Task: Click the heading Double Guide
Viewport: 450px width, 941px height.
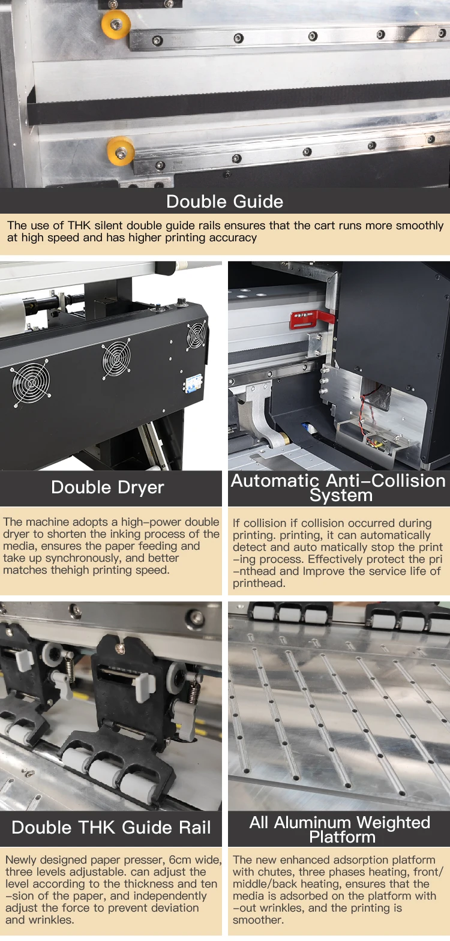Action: click(x=224, y=202)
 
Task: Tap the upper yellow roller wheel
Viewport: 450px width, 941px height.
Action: click(x=116, y=25)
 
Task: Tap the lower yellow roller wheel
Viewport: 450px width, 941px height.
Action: click(x=121, y=150)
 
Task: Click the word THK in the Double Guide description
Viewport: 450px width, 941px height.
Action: click(x=79, y=226)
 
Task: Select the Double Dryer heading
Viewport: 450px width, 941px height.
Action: click(x=107, y=487)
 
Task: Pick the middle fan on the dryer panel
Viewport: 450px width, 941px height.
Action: click(x=116, y=359)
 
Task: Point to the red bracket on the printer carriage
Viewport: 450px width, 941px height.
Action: click(x=311, y=318)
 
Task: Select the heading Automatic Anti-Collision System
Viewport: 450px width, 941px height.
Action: click(x=338, y=487)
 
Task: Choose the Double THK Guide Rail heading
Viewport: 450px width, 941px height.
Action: click(x=111, y=828)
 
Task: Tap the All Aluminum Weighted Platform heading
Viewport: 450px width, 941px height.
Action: click(x=340, y=829)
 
